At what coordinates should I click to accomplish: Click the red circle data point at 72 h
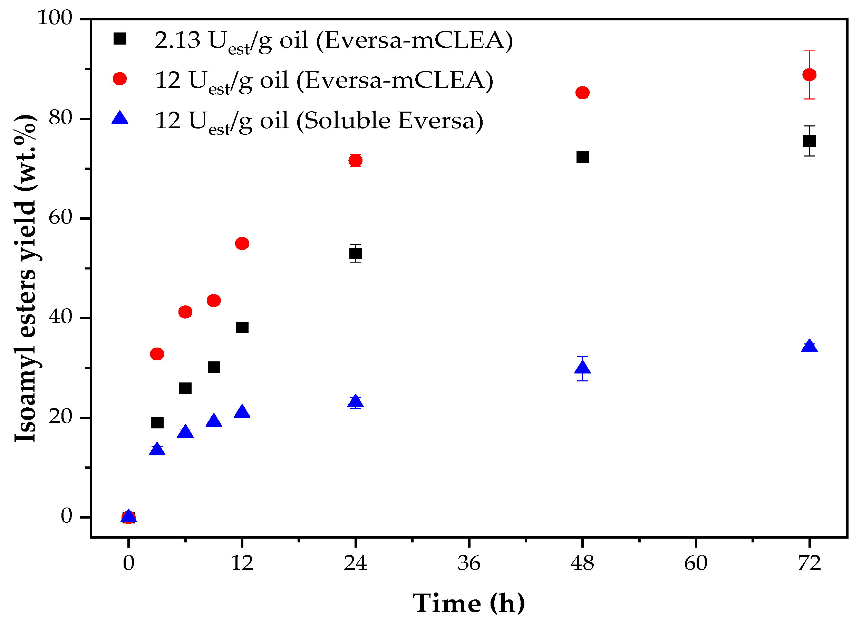click(x=809, y=75)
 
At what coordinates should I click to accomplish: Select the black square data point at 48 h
click(x=582, y=157)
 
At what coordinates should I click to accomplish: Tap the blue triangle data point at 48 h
click(x=582, y=368)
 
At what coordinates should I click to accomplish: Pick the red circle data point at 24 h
click(x=355, y=161)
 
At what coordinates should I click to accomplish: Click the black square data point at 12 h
click(x=242, y=327)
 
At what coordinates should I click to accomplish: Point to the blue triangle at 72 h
click(x=809, y=346)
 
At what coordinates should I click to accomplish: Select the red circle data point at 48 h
click(x=582, y=93)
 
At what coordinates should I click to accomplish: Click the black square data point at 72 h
click(x=809, y=141)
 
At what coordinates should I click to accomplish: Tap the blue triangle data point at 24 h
click(x=355, y=402)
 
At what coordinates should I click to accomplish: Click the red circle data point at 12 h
click(x=242, y=244)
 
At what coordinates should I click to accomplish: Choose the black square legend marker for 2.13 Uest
click(x=120, y=38)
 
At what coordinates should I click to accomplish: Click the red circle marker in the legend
click(x=120, y=79)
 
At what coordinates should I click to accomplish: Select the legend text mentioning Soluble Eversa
click(x=319, y=121)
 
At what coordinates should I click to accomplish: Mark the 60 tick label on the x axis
click(x=696, y=564)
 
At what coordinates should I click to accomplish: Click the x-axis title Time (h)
click(x=469, y=603)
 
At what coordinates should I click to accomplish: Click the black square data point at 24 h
click(x=355, y=253)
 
